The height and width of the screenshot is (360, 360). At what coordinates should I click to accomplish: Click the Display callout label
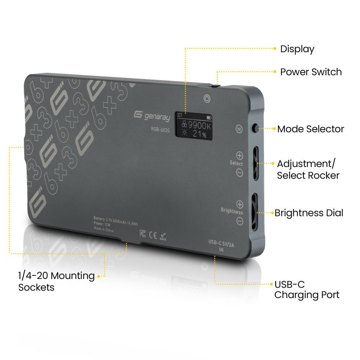(297, 49)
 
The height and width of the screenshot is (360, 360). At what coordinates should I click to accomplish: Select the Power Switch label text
(311, 72)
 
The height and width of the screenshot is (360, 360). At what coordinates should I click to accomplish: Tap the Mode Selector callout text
(310, 129)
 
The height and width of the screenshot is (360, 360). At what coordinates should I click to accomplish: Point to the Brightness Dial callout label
(309, 213)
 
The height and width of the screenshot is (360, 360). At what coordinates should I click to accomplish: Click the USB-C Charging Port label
(307, 290)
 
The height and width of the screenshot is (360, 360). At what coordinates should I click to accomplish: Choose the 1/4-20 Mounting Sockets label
(57, 282)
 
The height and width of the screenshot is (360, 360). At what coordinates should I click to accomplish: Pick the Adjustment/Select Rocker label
(308, 170)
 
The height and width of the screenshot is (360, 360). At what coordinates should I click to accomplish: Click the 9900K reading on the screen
(199, 125)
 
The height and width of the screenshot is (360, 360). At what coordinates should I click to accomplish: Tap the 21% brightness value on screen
(199, 134)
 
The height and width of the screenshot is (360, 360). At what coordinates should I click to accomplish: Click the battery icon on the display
(208, 118)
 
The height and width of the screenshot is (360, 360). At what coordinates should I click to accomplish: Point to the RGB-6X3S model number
(160, 130)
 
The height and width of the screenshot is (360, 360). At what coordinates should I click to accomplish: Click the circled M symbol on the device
(239, 129)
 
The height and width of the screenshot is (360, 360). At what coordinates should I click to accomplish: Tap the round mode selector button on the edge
(255, 128)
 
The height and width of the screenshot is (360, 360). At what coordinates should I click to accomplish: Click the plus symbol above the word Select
(239, 156)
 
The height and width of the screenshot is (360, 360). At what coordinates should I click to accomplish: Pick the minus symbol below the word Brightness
(240, 221)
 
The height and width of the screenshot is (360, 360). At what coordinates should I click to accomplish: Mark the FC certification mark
(143, 233)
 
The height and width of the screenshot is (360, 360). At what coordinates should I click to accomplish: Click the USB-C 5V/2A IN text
(221, 246)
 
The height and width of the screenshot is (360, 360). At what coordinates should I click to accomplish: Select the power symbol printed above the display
(207, 99)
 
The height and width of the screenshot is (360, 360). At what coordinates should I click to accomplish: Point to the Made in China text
(104, 229)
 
